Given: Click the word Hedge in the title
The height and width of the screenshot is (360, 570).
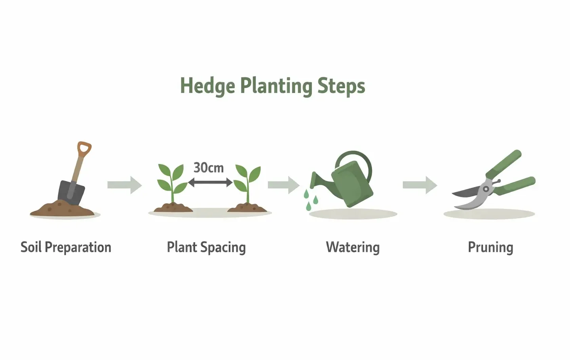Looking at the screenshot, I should pyautogui.click(x=207, y=86).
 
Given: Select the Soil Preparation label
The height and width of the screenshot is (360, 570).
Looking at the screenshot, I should pyautogui.click(x=66, y=247).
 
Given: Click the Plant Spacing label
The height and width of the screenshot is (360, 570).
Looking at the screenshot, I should pyautogui.click(x=206, y=247).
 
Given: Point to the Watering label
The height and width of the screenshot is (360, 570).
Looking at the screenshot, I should pyautogui.click(x=353, y=247).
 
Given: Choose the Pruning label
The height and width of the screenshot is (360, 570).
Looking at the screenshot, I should pyautogui.click(x=490, y=247).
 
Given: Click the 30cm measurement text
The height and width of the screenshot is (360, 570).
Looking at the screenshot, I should pyautogui.click(x=209, y=168).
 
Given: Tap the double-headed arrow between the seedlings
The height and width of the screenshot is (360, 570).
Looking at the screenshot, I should pyautogui.click(x=210, y=182).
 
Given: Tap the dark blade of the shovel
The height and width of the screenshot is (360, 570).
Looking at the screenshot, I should pyautogui.click(x=71, y=193).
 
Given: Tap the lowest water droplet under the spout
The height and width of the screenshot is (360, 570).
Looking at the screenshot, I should pyautogui.click(x=309, y=206).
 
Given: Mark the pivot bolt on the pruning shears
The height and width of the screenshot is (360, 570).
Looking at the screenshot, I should pyautogui.click(x=486, y=189).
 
